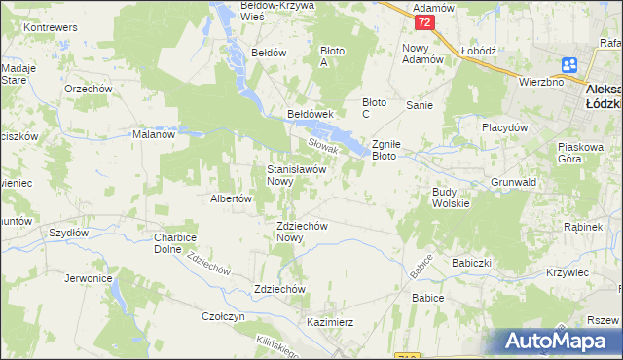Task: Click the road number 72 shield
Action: tap(422, 21)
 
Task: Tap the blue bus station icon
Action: tap(569, 65)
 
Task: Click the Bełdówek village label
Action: tap(311, 114)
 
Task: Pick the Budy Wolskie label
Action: tap(451, 198)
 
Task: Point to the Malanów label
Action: tap(153, 135)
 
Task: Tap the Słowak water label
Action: tap(322, 145)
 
